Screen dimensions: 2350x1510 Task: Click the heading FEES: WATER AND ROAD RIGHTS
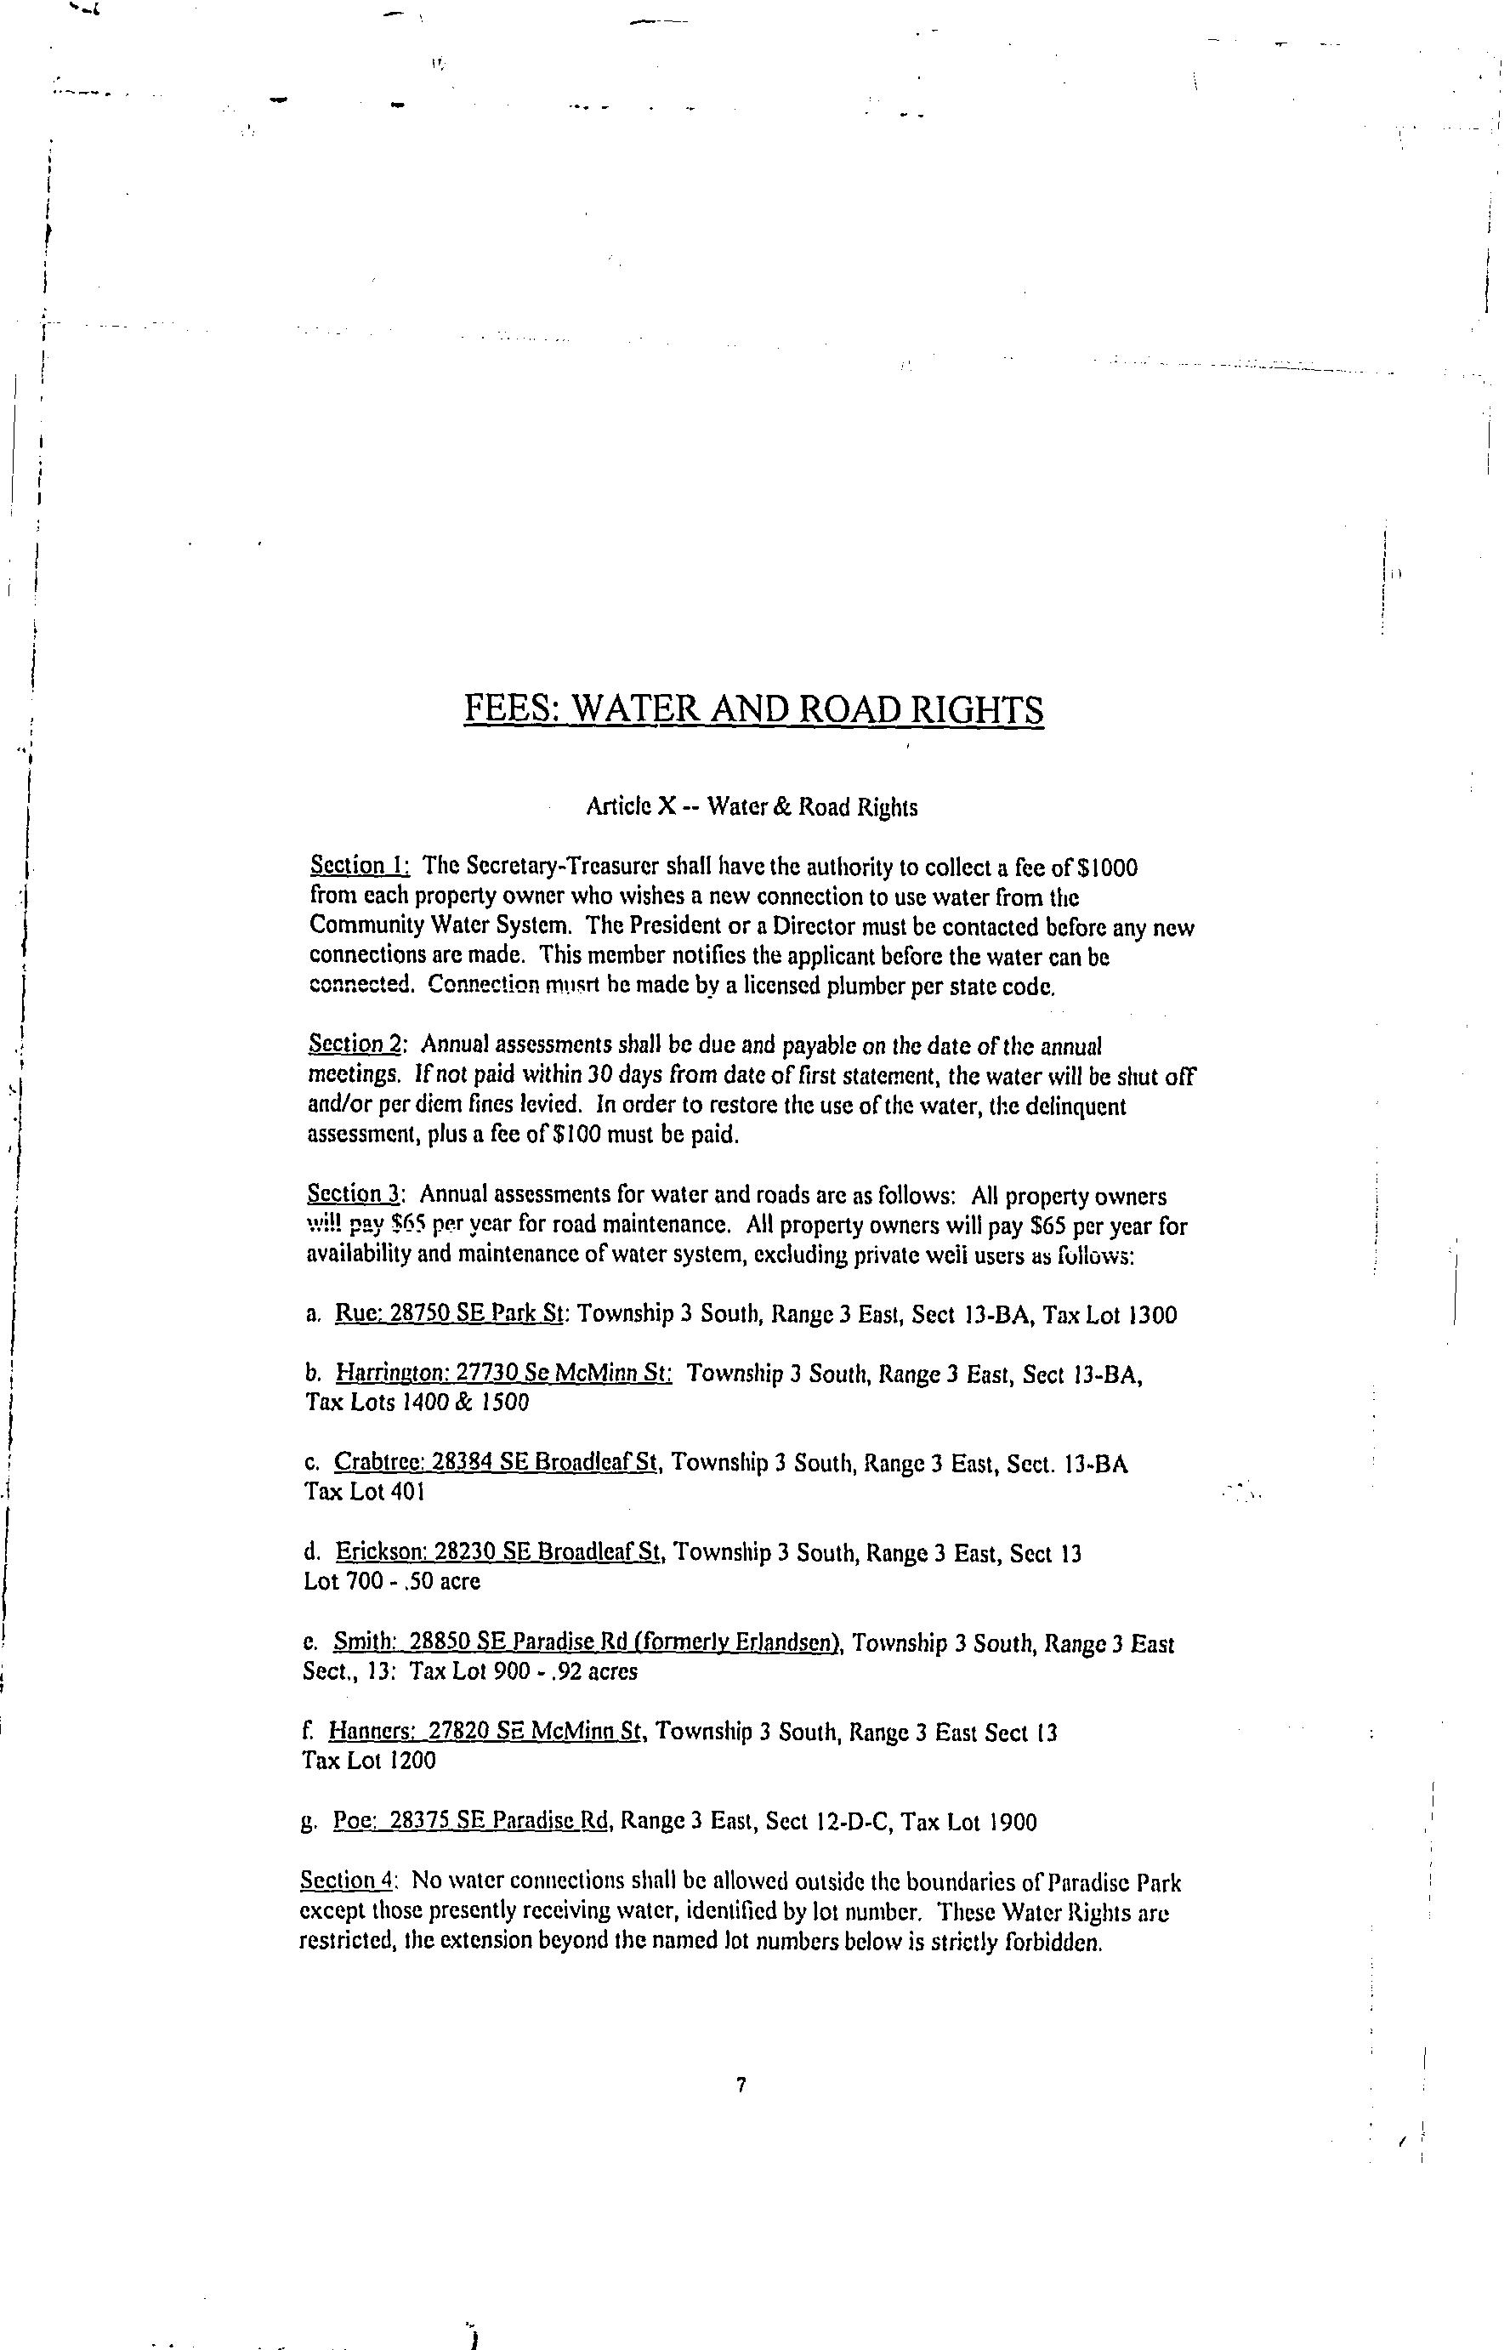(753, 709)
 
